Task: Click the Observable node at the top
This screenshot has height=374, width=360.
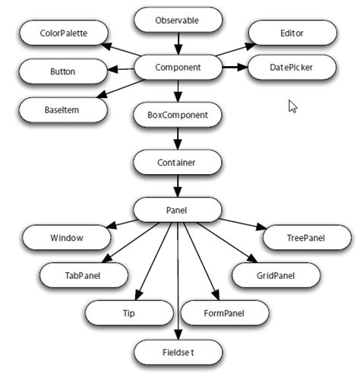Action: point(178,20)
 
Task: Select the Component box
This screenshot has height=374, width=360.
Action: point(178,68)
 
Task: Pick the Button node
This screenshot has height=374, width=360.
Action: point(62,73)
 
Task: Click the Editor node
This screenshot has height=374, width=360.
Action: point(292,34)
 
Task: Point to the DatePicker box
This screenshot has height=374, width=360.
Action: point(292,68)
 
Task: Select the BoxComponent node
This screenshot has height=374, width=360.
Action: point(178,116)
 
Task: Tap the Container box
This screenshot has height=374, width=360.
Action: point(178,162)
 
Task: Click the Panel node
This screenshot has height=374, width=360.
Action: point(178,209)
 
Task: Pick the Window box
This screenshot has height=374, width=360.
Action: point(67,238)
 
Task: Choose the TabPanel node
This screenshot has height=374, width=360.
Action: point(82,275)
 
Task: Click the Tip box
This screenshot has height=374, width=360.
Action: point(128,312)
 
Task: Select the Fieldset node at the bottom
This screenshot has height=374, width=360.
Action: point(178,352)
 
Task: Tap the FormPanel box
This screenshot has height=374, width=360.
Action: point(225,312)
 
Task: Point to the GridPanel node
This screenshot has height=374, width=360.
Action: point(275,275)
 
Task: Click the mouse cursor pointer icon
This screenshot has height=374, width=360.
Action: point(292,106)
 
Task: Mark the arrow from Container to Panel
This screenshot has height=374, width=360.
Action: point(178,185)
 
